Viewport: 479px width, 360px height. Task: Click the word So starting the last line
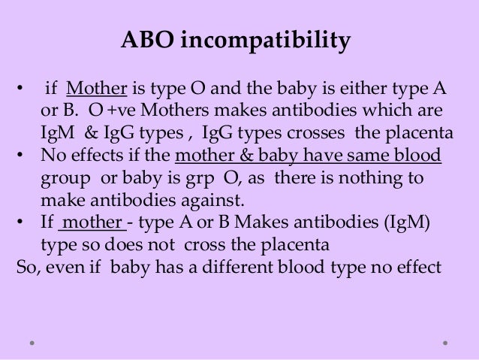25,266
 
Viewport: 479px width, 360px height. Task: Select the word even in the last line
63,266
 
